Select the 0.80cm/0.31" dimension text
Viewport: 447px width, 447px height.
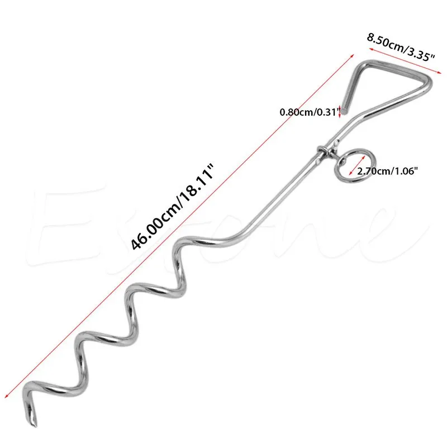[309, 112]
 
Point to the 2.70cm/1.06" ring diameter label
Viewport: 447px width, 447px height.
[385, 172]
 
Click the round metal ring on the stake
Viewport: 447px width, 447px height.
[347, 163]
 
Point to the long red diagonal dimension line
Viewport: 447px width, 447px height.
[184, 223]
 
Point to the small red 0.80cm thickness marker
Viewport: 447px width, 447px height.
[339, 112]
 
